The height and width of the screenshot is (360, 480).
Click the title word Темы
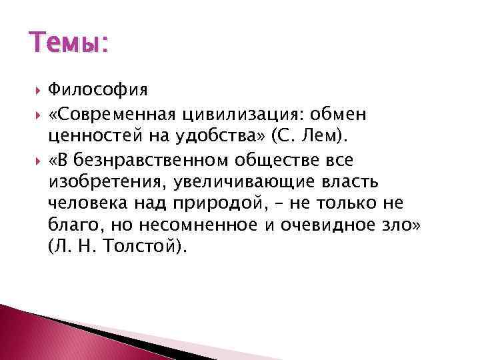pos(64,45)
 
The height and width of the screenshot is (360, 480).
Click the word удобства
pos(206,137)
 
